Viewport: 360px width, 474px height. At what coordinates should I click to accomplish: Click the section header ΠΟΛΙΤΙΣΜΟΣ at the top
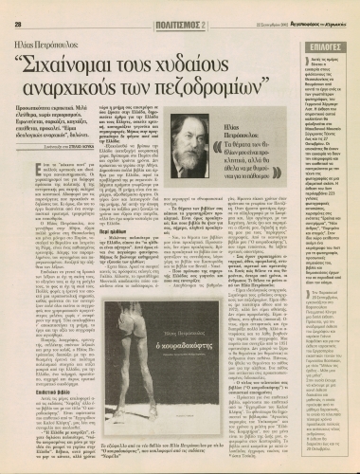(164, 10)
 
